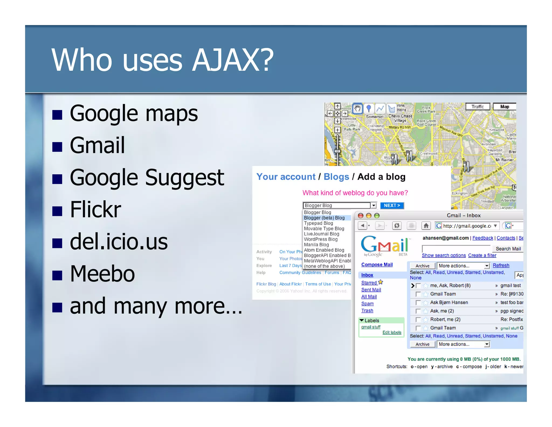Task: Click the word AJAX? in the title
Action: [x=233, y=60]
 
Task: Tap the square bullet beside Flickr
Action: [x=57, y=211]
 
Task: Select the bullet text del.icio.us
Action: [x=119, y=242]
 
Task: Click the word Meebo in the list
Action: [x=102, y=274]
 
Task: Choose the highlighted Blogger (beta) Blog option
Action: [x=324, y=218]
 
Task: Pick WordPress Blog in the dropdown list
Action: [x=321, y=239]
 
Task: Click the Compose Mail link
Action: [x=377, y=265]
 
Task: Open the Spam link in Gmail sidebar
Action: [x=367, y=304]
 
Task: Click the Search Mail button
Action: [x=508, y=249]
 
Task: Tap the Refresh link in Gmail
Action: [x=501, y=265]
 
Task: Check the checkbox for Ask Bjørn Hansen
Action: [x=418, y=303]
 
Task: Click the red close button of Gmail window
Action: [x=361, y=215]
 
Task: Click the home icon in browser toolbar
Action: [x=426, y=225]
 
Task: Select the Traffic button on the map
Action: [x=478, y=107]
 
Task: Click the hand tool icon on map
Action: [x=357, y=109]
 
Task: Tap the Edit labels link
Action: [x=392, y=332]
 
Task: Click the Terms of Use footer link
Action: [x=318, y=284]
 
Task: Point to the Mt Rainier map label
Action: [x=505, y=160]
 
